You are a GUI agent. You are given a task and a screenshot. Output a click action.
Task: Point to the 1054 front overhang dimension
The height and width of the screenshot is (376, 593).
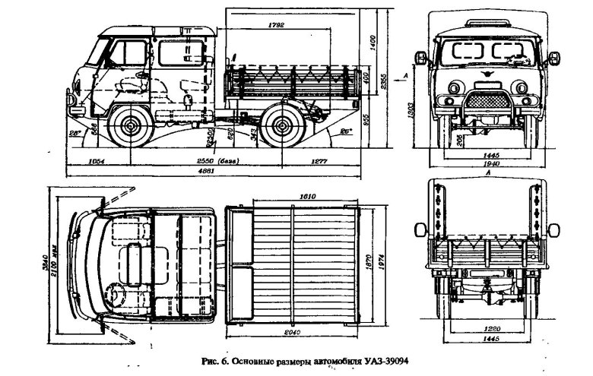click(x=96, y=162)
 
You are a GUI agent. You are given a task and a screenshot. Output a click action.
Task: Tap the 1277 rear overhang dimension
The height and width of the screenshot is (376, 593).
click(x=320, y=162)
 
